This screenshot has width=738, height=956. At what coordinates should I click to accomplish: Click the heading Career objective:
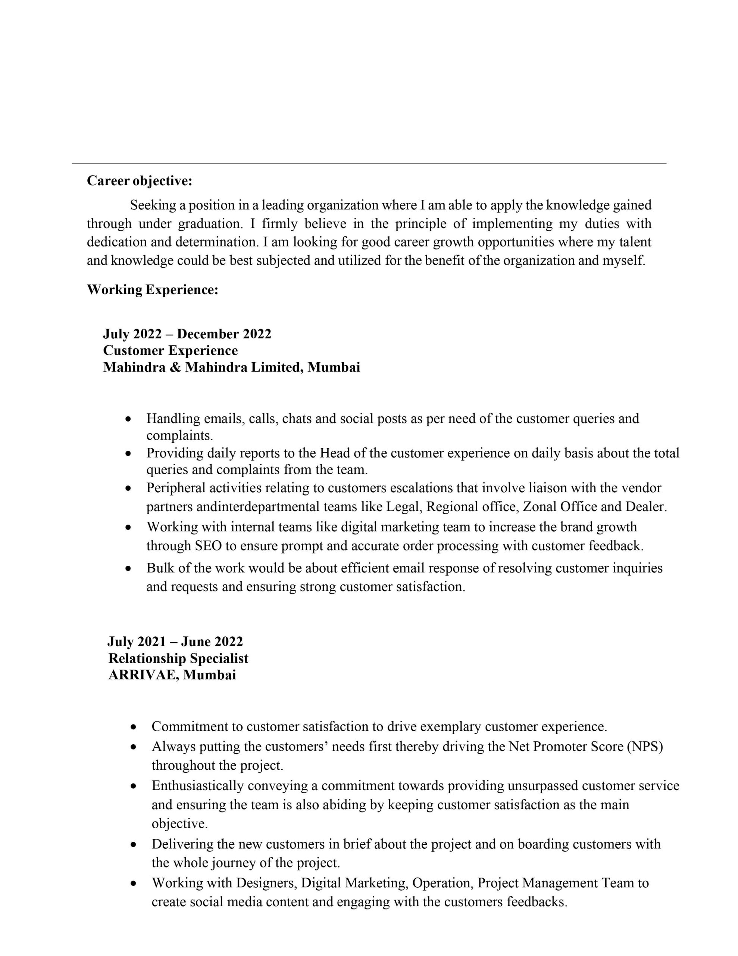point(139,180)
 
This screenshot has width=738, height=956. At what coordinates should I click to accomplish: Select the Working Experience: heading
point(152,289)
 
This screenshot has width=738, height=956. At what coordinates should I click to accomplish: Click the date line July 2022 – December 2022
point(187,334)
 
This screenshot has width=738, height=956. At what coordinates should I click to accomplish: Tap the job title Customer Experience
point(170,351)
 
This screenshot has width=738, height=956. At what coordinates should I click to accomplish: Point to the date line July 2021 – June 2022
point(175,642)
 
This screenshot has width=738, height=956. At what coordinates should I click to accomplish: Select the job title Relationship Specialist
point(178,658)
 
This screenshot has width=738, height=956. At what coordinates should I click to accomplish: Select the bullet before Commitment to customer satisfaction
point(134,727)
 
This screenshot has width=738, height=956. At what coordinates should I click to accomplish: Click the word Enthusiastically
point(197,786)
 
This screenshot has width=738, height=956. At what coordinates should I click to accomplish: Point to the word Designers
point(266,883)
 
